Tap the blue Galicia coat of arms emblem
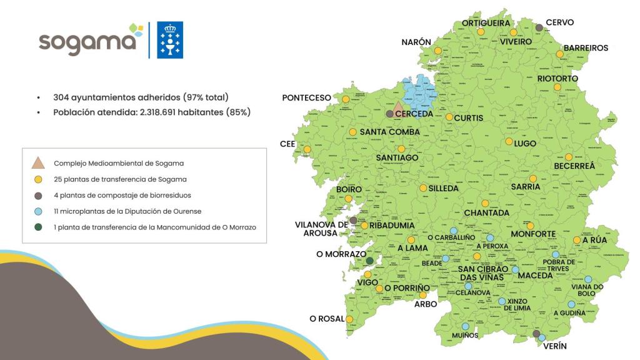click(x=169, y=40)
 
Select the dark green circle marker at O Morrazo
click(x=369, y=261)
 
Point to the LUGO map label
click(x=525, y=144)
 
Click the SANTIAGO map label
click(x=397, y=158)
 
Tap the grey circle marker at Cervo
click(x=539, y=27)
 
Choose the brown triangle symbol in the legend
click(x=39, y=163)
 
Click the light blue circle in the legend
click(x=39, y=211)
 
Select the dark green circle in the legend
click(x=39, y=227)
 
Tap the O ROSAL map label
click(x=327, y=319)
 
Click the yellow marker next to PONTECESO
click(x=345, y=99)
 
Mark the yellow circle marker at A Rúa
click(x=576, y=240)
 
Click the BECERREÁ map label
click(x=574, y=166)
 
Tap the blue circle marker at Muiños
click(x=464, y=326)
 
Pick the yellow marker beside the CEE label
click(x=307, y=149)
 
